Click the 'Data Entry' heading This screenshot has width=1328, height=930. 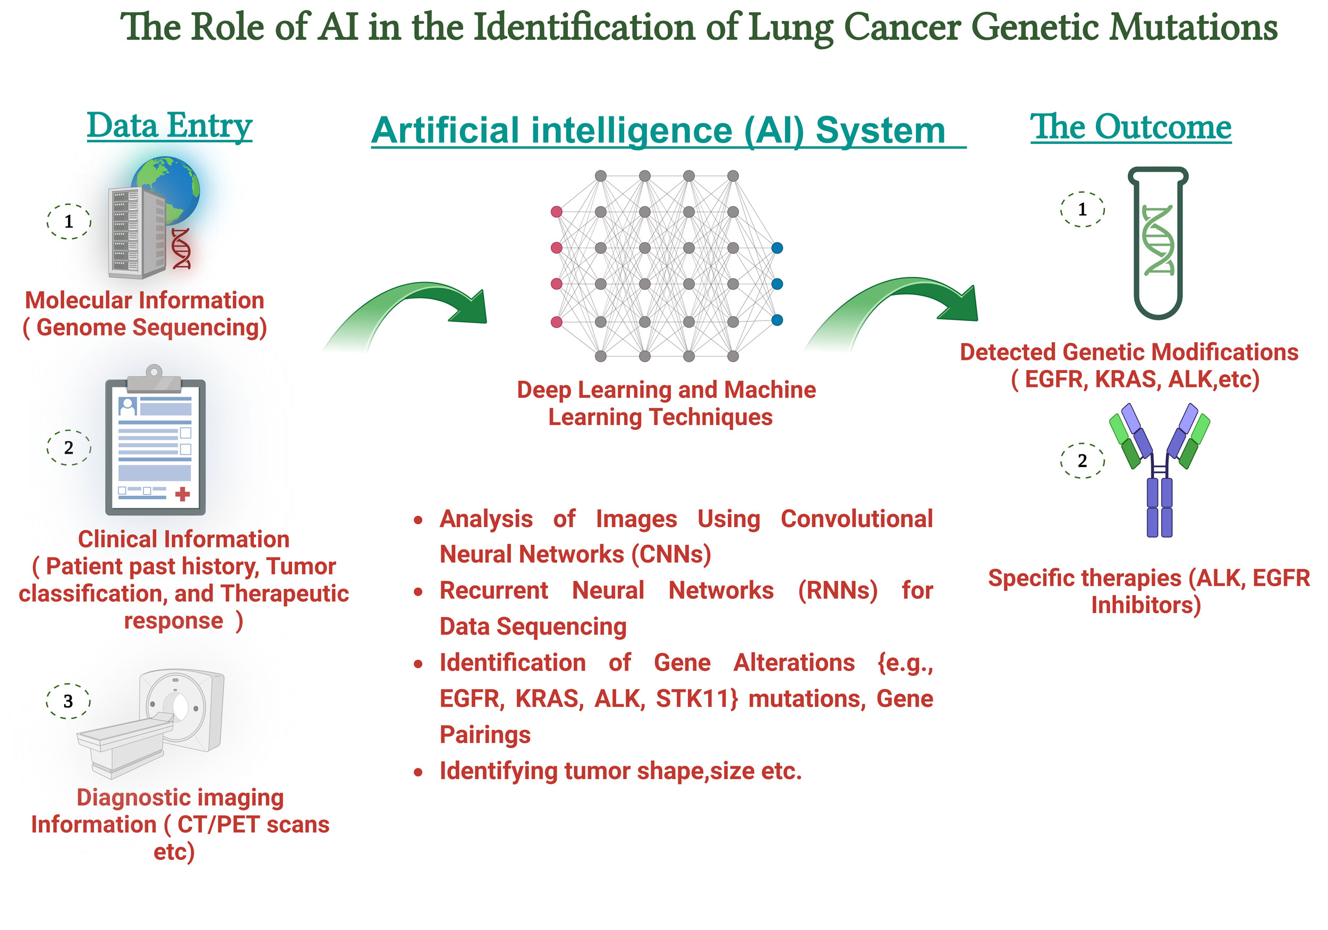[169, 125]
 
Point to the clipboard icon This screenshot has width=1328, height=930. [155, 440]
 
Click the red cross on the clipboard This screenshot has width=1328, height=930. [182, 494]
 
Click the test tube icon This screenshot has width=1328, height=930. [1158, 243]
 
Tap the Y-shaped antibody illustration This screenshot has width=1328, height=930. [1159, 470]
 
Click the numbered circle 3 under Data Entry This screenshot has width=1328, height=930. [68, 701]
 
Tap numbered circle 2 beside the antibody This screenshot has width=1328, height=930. [1082, 461]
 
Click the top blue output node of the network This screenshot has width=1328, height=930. [777, 248]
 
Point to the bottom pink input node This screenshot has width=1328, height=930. [556, 322]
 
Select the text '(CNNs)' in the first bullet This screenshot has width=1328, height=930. [671, 554]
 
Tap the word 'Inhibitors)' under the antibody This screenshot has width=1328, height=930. [1146, 605]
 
